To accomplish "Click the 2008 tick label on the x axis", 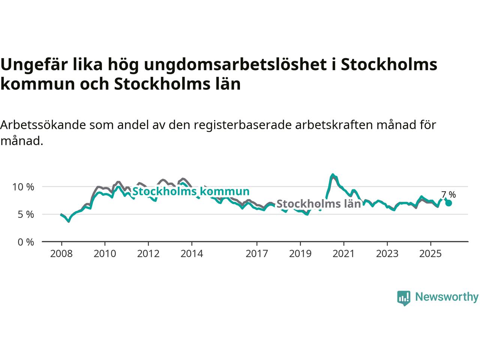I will pyautogui.click(x=61, y=254).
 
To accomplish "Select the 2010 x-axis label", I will pyautogui.click(x=105, y=254).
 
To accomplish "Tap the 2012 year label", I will pyautogui.click(x=148, y=254).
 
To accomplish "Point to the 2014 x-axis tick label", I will pyautogui.click(x=192, y=254).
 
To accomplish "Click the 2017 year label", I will pyautogui.click(x=257, y=254).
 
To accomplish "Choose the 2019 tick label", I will pyautogui.click(x=300, y=254).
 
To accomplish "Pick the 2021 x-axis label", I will pyautogui.click(x=343, y=254).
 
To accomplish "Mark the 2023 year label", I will pyautogui.click(x=387, y=254).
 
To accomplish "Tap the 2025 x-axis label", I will pyautogui.click(x=430, y=254).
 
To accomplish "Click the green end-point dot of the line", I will pyautogui.click(x=448, y=203).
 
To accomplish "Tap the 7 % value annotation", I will pyautogui.click(x=448, y=195).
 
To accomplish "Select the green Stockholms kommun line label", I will pyautogui.click(x=191, y=191).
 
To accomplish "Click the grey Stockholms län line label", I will pyautogui.click(x=318, y=204).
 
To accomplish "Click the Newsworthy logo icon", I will pyautogui.click(x=403, y=298).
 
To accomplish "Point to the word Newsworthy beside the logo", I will pyautogui.click(x=447, y=297).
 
